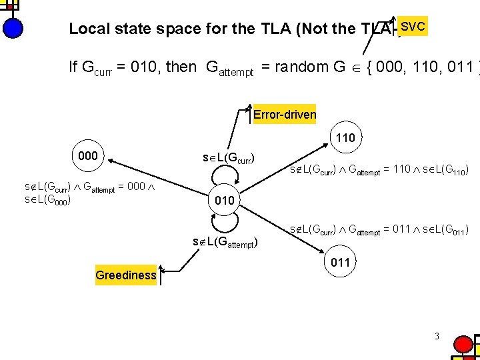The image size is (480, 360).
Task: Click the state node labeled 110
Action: [345, 139]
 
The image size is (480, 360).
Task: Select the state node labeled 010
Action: [225, 200]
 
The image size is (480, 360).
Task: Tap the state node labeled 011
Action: [340, 262]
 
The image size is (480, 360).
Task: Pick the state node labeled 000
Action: [88, 156]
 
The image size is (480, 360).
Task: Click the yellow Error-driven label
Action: [285, 114]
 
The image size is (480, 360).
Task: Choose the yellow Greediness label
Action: [125, 275]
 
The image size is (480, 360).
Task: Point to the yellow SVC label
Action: [413, 27]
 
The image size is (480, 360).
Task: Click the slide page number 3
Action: [436, 336]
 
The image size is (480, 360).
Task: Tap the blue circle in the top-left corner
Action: [12, 28]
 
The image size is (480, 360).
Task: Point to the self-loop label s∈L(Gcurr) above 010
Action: [229, 157]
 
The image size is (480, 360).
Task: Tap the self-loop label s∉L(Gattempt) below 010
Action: [225, 241]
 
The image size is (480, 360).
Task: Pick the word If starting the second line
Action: [73, 67]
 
